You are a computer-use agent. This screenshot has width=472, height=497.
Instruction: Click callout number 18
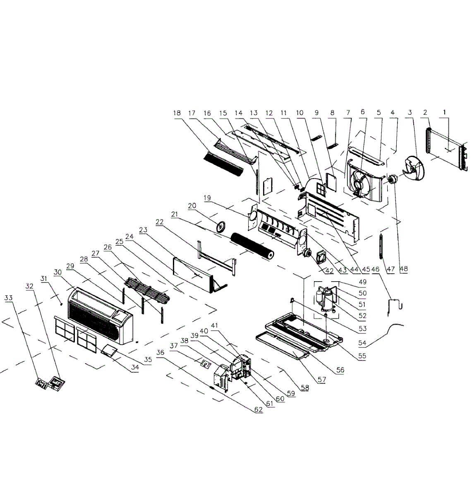[x=177, y=113]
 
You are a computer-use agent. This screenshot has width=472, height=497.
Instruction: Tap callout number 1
[x=445, y=112]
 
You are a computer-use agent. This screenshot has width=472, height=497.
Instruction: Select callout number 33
[x=9, y=297]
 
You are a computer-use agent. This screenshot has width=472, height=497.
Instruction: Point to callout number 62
[x=259, y=410]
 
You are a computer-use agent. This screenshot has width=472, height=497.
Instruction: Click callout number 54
[x=362, y=343]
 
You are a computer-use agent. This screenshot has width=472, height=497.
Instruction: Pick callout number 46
[x=376, y=269]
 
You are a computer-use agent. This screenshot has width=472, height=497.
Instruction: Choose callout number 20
[x=192, y=206]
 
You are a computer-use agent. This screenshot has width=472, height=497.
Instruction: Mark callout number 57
[x=321, y=379]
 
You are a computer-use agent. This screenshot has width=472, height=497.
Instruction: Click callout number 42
[x=329, y=271]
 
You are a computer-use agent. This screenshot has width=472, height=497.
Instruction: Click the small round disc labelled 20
[x=223, y=226]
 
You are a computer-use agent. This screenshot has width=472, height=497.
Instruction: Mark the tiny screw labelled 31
[x=61, y=303]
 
